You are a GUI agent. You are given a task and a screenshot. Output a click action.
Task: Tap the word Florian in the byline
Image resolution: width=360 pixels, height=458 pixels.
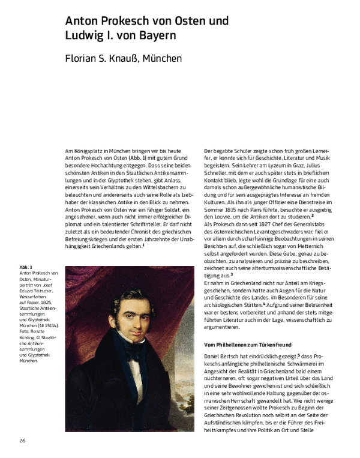click(85, 59)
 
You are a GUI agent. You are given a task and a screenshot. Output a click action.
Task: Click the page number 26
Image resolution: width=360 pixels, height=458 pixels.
click(22, 441)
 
